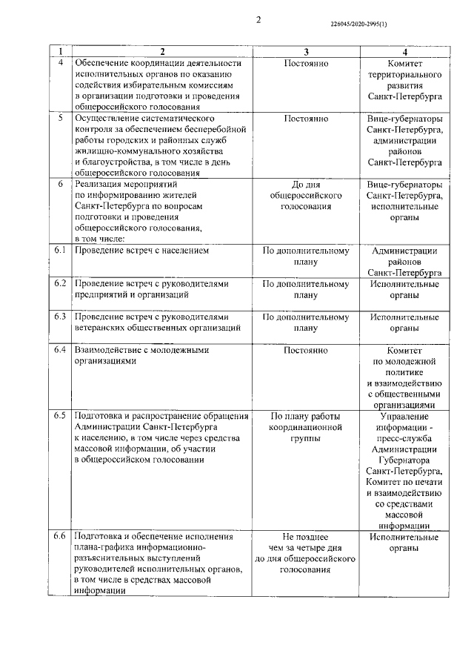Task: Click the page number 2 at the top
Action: [x=258, y=20]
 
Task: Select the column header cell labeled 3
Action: [x=306, y=52]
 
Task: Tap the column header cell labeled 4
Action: [x=404, y=52]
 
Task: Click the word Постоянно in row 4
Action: [x=306, y=64]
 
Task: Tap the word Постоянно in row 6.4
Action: [x=306, y=350]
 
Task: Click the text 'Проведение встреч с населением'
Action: [x=141, y=251]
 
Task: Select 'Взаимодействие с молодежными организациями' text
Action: [x=141, y=355]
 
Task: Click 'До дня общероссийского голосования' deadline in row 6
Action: [x=306, y=195]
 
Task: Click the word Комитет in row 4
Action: [x=404, y=64]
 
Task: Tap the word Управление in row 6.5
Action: [x=404, y=415]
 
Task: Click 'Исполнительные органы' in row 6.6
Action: [x=404, y=541]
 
